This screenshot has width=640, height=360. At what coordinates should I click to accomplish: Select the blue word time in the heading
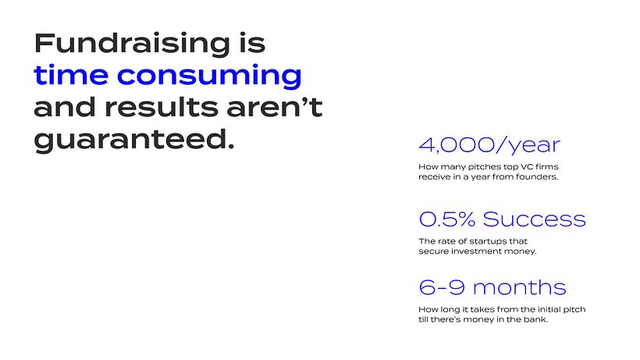[71, 75]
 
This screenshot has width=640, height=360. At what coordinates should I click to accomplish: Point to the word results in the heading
[162, 107]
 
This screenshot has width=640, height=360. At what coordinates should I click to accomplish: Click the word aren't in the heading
[275, 107]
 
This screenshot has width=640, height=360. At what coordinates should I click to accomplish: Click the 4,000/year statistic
[489, 145]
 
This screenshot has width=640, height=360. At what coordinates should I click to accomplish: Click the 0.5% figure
[447, 219]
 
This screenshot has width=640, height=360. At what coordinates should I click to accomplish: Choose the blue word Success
[535, 219]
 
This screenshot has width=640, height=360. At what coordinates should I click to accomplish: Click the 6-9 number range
[442, 287]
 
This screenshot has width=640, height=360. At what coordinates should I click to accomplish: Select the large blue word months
[520, 287]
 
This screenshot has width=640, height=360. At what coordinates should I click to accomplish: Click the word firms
[547, 166]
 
